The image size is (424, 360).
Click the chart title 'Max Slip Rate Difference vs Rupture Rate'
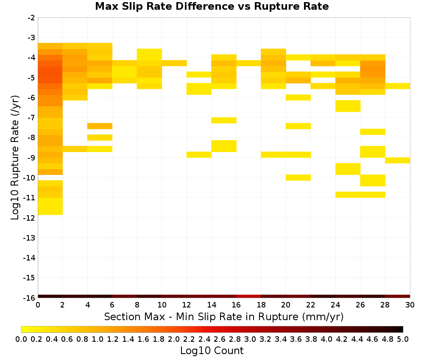point(212,6)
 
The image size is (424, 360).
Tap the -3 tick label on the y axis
point(31,38)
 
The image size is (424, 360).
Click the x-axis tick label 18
point(261,305)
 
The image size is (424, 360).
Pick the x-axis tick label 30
point(410,305)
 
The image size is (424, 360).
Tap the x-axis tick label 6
point(112,305)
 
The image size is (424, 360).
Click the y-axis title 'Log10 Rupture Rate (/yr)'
point(15,158)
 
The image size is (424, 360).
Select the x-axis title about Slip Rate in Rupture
point(223,316)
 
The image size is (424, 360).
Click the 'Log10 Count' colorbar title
point(212,351)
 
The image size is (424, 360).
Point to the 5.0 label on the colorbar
point(403,339)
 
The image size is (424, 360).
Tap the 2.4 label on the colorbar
point(204,339)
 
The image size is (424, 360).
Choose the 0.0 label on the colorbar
point(21,339)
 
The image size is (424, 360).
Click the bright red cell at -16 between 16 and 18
point(248,296)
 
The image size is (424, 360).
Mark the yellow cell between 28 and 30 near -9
point(398,160)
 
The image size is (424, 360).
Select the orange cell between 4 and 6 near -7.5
point(100,126)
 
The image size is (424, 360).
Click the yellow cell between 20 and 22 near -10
point(298,177)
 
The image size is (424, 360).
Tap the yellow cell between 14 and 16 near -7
point(224,120)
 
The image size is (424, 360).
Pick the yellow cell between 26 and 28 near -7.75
point(373,132)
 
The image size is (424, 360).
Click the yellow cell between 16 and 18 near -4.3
point(248,63)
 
